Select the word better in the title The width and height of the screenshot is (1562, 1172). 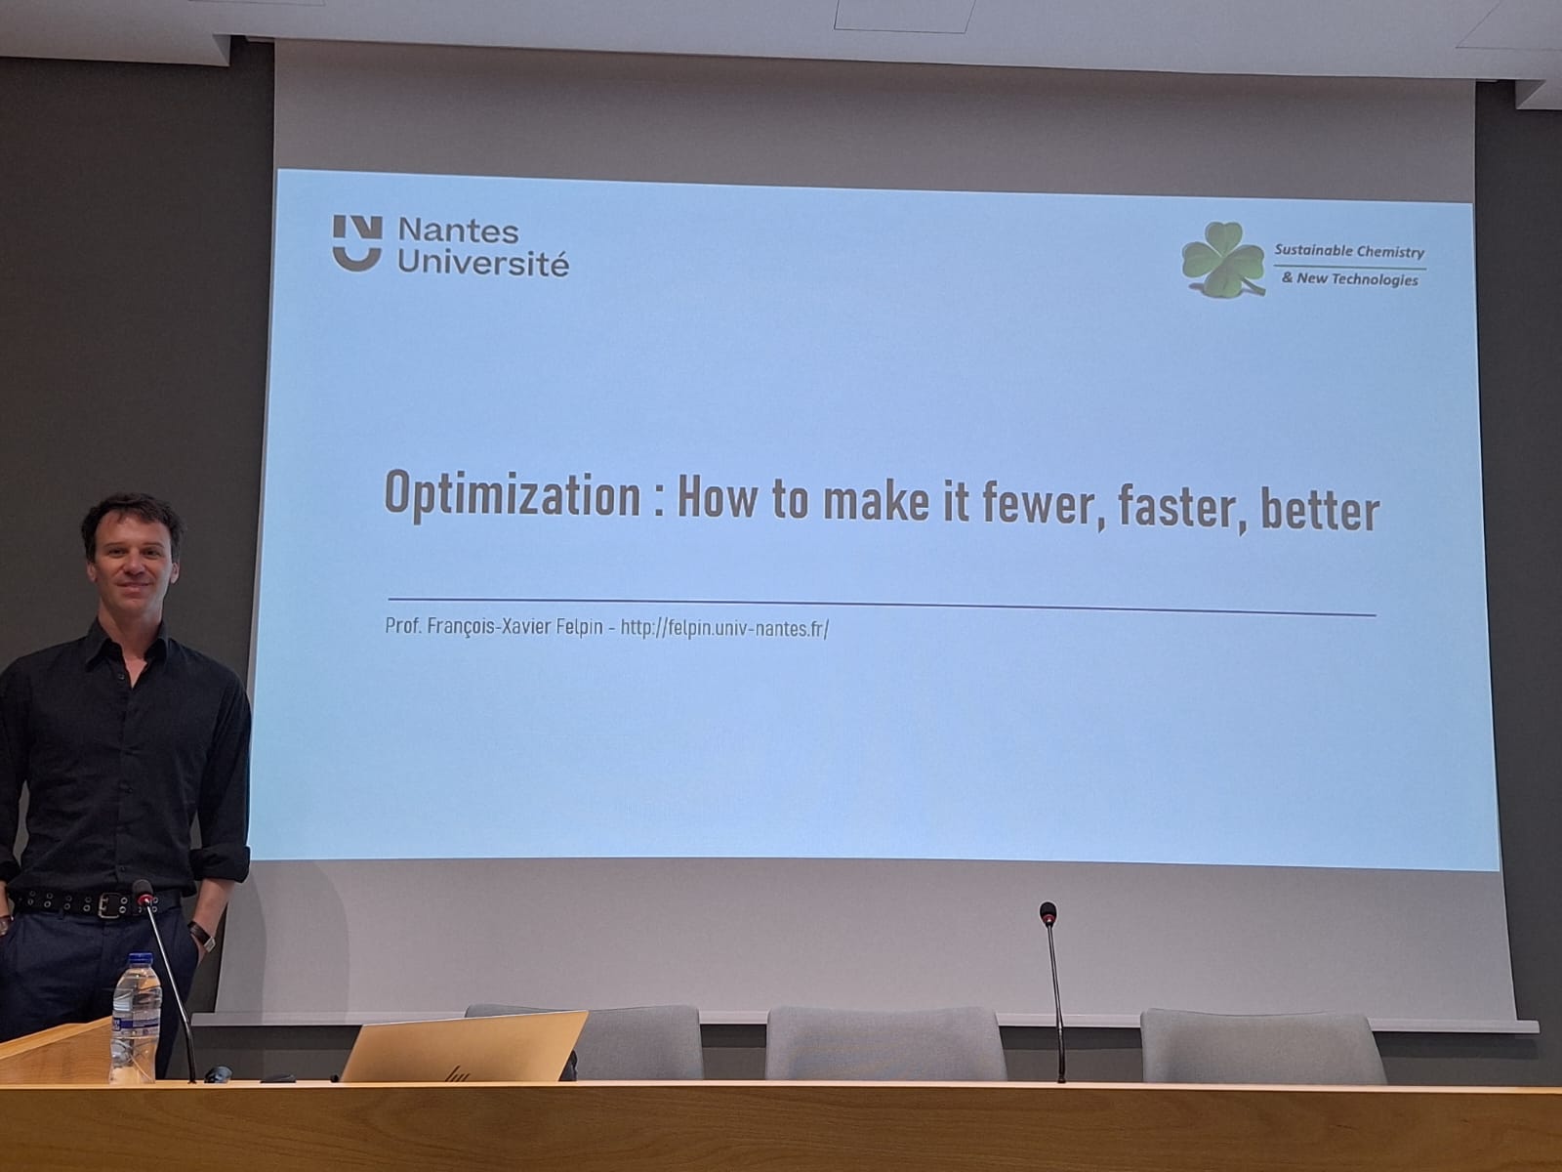(1321, 510)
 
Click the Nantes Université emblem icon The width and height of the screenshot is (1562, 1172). (357, 243)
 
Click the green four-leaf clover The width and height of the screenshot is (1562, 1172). (1222, 260)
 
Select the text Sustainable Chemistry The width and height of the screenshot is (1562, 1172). (1349, 250)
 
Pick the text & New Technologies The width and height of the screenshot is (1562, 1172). (1350, 279)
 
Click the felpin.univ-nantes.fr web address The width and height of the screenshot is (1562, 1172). (724, 628)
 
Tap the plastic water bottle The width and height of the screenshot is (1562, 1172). (134, 1019)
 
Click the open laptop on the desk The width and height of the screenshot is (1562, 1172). (464, 1046)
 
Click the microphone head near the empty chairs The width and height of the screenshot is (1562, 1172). (1048, 913)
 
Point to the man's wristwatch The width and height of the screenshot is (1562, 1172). (202, 935)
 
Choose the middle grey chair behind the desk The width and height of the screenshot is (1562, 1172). (884, 1043)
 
